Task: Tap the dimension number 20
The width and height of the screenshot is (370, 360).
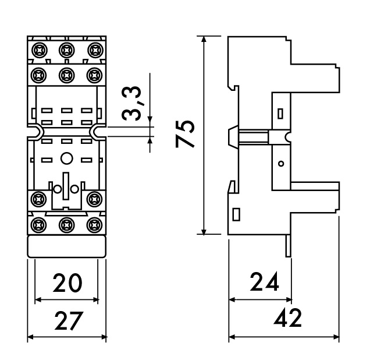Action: pyautogui.click(x=67, y=284)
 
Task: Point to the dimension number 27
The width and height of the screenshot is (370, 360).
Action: pyautogui.click(x=67, y=321)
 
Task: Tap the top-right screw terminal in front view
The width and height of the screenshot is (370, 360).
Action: pyautogui.click(x=94, y=49)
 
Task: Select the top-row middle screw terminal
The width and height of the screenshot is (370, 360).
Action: pyautogui.click(x=67, y=49)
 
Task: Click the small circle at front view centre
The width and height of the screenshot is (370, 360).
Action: pyautogui.click(x=67, y=157)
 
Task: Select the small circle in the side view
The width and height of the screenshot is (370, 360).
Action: pyautogui.click(x=282, y=164)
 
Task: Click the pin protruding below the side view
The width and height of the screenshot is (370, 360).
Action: pyautogui.click(x=287, y=245)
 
